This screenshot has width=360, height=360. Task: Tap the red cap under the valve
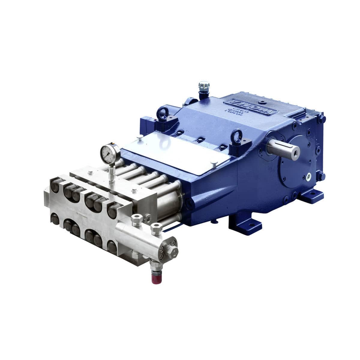(155, 278)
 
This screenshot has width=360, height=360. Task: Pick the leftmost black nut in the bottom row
(55, 219)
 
